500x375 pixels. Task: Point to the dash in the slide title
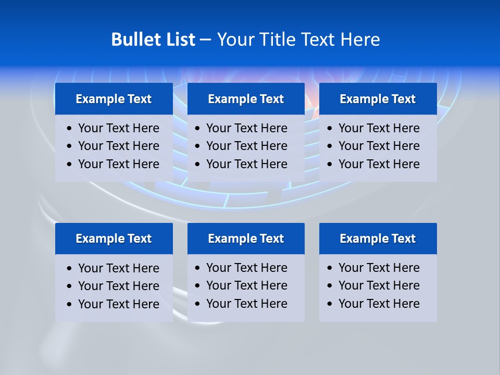tap(206, 40)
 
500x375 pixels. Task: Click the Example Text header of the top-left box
tap(114, 99)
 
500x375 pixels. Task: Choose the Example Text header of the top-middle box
tap(246, 99)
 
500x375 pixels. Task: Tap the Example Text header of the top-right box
tap(378, 99)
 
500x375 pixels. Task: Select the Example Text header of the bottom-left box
tap(114, 239)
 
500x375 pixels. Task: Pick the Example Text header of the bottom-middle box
tap(246, 239)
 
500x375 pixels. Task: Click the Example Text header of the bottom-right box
tap(378, 239)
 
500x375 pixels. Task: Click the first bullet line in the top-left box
tap(118, 128)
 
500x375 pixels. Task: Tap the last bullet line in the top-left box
tap(118, 164)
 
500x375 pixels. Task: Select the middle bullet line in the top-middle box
tap(246, 146)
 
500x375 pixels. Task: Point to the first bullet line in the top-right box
tap(379, 128)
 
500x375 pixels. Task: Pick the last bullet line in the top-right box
tap(379, 164)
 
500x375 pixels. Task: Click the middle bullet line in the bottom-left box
tap(118, 286)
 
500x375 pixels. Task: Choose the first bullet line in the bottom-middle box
tap(246, 268)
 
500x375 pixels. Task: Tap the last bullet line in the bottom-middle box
tap(246, 304)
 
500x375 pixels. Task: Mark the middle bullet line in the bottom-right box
tap(379, 285)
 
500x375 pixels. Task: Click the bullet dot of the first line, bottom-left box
tap(70, 269)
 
